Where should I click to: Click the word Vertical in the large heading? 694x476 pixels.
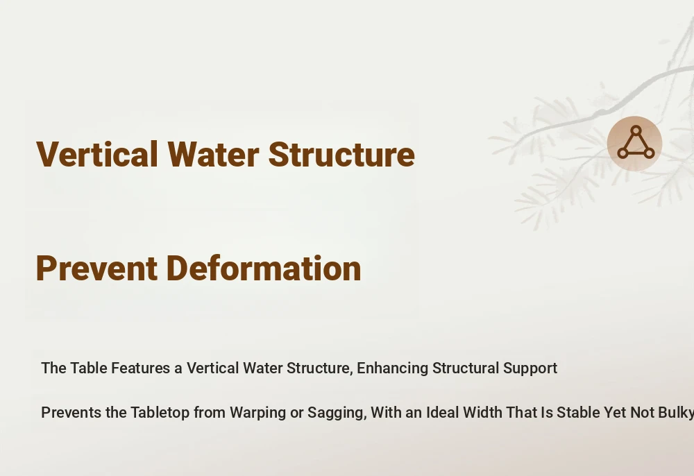[97, 154]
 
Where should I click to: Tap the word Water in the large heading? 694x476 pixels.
[213, 154]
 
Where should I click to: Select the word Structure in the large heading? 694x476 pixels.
[341, 154]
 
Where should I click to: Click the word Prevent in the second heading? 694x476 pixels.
[96, 268]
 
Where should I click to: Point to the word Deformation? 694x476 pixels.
[264, 268]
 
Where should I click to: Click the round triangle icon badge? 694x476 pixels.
[635, 144]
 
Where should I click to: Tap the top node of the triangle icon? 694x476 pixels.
[636, 130]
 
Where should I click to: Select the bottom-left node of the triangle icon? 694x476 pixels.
[623, 153]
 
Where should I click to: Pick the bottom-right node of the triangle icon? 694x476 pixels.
[650, 153]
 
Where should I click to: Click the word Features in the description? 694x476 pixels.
[140, 368]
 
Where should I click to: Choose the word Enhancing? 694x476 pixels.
[393, 368]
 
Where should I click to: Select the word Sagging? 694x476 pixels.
[337, 413]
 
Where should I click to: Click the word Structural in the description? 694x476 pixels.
[466, 368]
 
